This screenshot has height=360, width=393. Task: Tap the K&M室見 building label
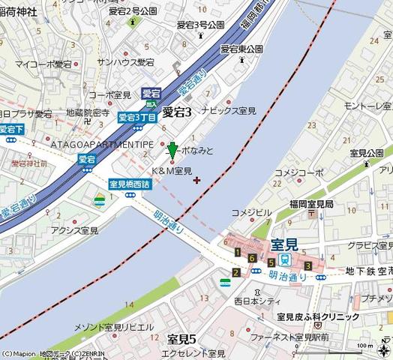(172, 171)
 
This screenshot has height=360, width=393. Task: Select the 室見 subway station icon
(285, 259)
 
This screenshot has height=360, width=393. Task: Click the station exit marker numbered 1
(237, 253)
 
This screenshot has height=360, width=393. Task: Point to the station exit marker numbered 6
(253, 259)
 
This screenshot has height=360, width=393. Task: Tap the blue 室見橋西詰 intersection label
(130, 183)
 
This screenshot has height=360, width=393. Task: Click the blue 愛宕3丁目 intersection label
(137, 117)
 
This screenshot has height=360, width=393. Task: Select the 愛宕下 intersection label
(11, 129)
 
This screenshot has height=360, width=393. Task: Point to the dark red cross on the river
(196, 179)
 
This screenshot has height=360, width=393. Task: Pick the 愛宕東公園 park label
(241, 49)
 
